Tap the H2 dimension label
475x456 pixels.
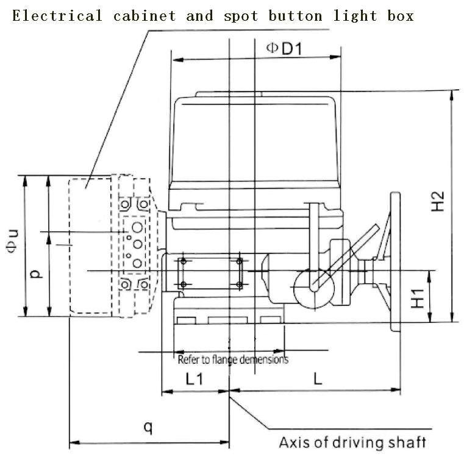pos(438,202)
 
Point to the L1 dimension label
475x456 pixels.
pos(194,378)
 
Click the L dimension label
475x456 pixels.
pos(317,378)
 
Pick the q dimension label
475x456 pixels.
pos(148,427)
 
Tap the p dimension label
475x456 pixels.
pos(37,274)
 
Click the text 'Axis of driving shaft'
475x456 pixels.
pos(352,442)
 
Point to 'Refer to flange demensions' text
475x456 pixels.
pos(233,360)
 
